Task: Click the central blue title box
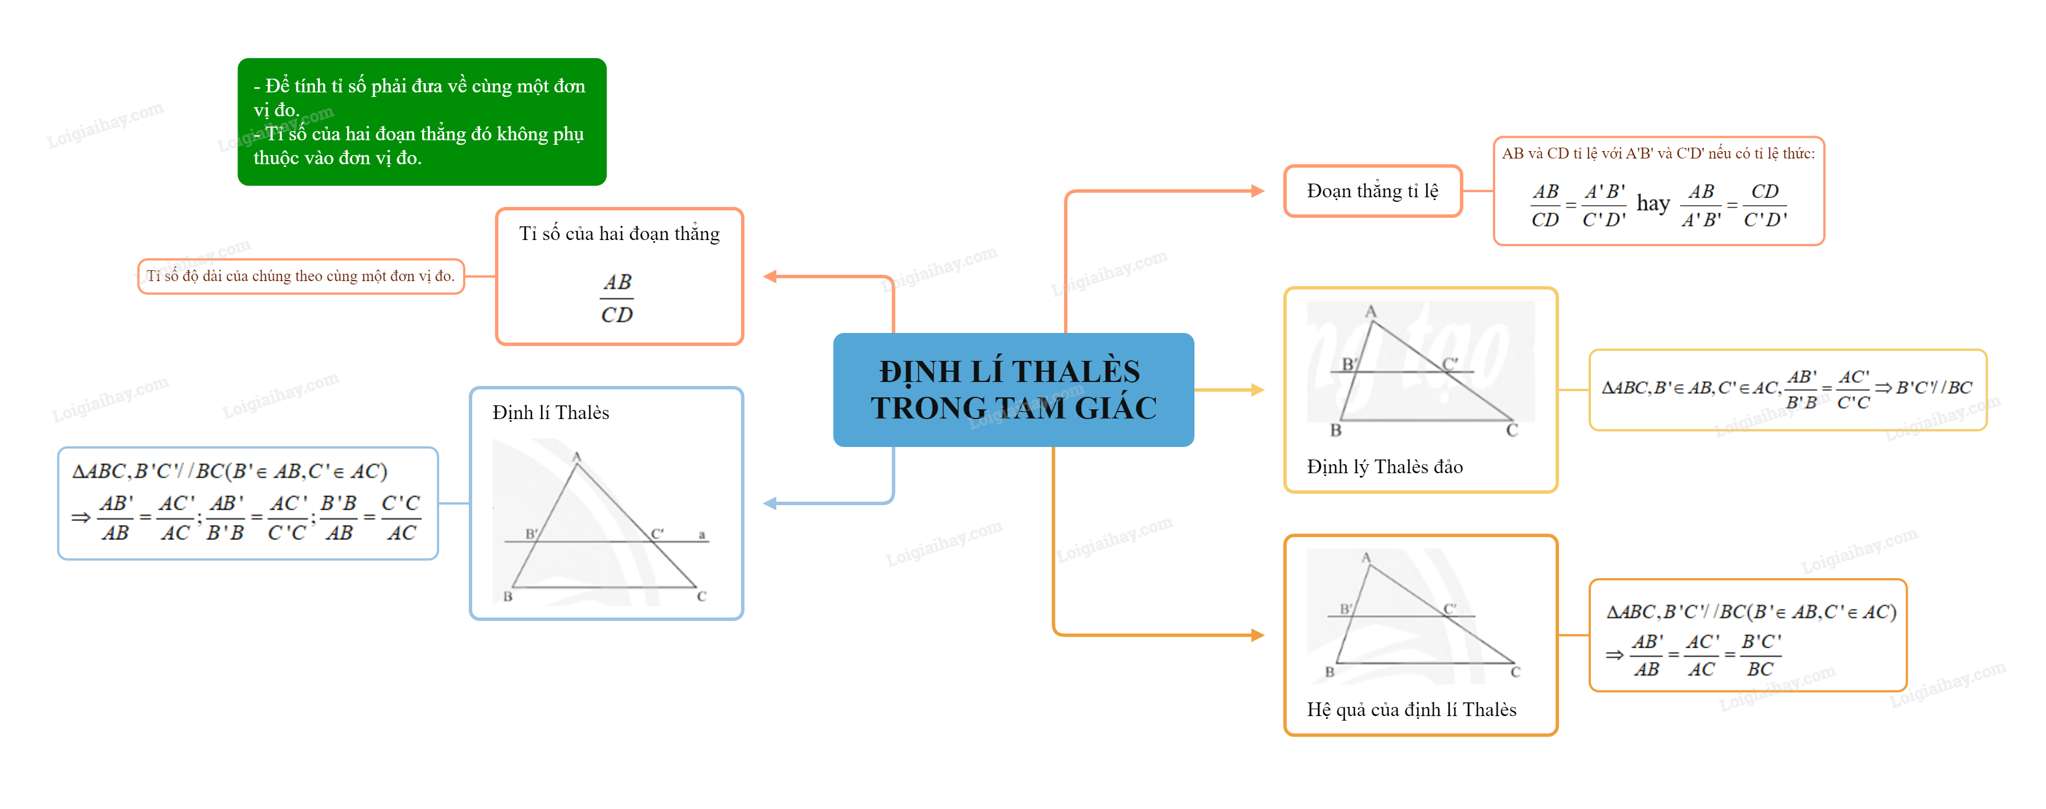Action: coord(1013,389)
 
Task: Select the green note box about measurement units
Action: coord(422,121)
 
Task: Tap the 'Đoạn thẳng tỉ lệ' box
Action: coord(1373,191)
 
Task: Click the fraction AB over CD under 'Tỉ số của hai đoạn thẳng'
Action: coord(616,298)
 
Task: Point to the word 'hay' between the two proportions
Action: coord(1653,204)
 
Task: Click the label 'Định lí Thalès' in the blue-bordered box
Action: coord(550,412)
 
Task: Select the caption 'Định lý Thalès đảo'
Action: coord(1384,466)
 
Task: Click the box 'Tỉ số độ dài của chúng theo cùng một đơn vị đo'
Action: coord(301,276)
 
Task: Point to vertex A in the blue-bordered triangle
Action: coord(576,457)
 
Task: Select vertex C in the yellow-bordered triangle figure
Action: coord(1512,430)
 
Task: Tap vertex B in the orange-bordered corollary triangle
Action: coord(1329,672)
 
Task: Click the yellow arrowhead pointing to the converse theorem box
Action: coord(1257,389)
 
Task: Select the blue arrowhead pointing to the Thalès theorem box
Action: coord(770,503)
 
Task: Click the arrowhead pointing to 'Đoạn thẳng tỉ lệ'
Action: coord(1257,191)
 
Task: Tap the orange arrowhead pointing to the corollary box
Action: coord(1257,635)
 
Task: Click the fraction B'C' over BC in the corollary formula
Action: coord(1761,655)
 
